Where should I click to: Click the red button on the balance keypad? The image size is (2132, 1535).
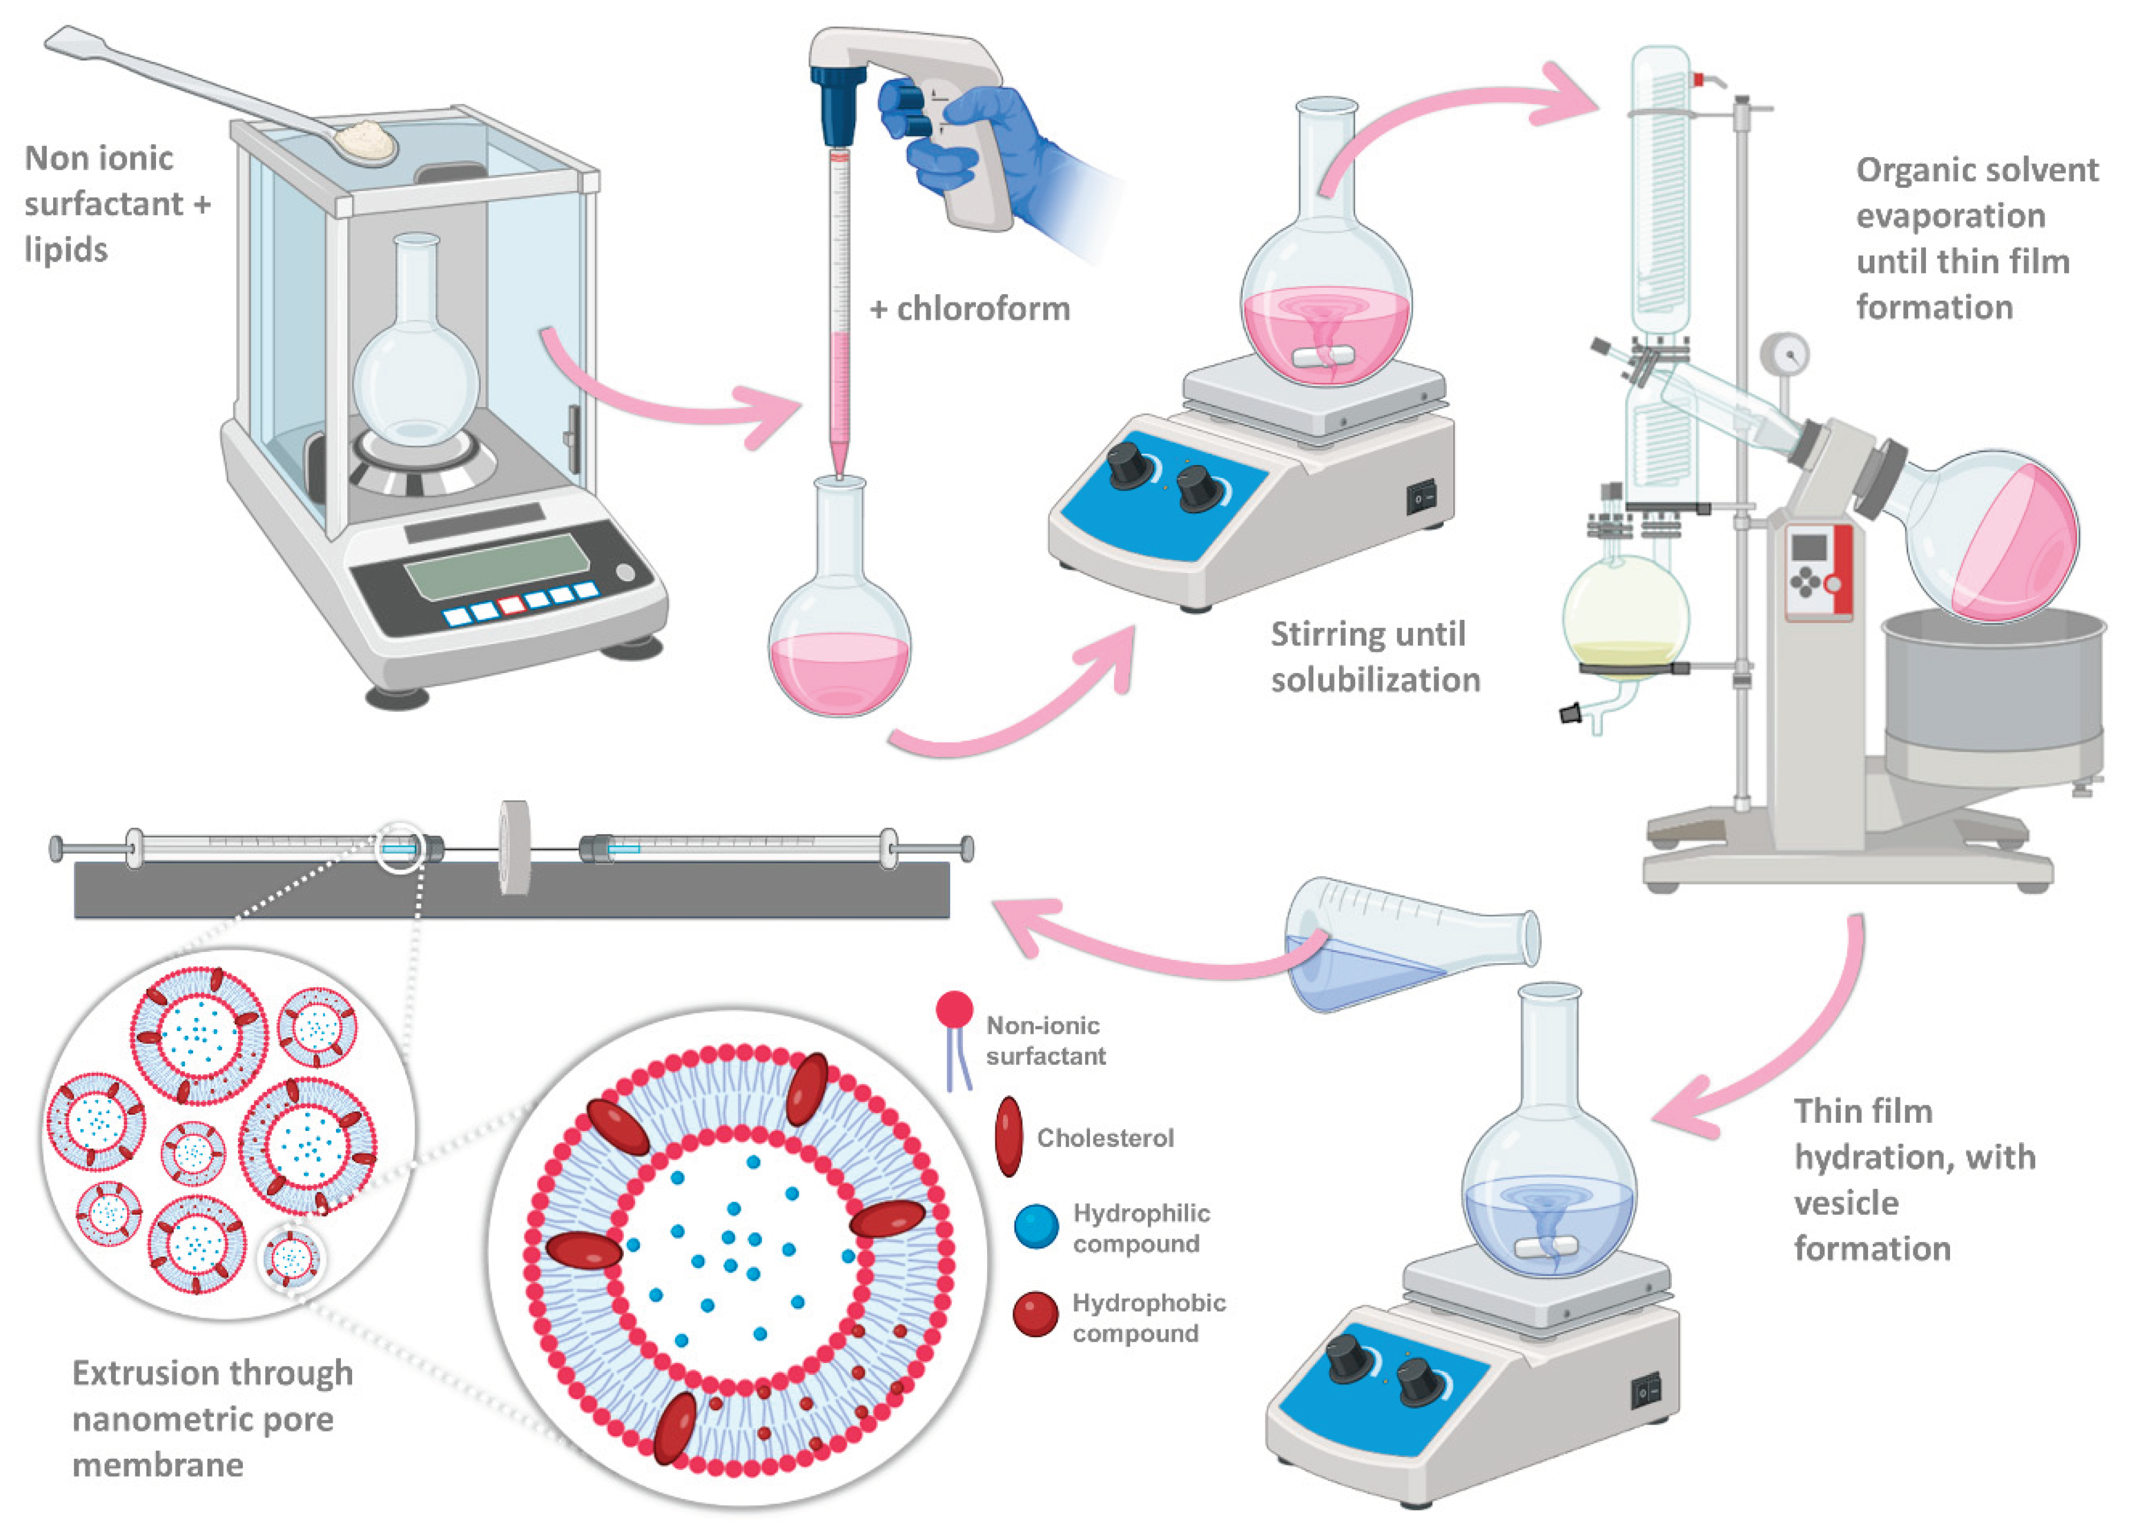(x=512, y=604)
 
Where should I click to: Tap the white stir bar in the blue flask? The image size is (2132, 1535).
(x=1544, y=1247)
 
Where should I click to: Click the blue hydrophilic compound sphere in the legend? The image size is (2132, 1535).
(x=1036, y=1226)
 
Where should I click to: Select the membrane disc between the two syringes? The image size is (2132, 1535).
(x=514, y=848)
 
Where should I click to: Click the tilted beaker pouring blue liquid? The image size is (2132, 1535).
(x=1401, y=945)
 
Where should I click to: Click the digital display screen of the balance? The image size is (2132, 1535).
(x=497, y=565)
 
